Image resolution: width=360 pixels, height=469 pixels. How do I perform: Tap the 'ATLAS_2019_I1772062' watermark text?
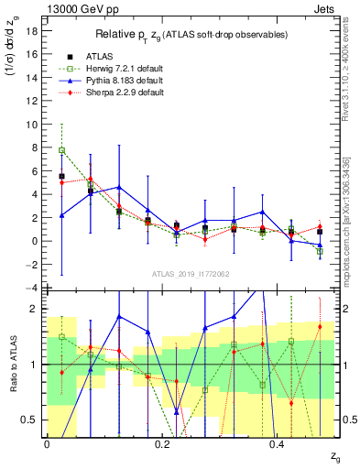pyautogui.click(x=191, y=274)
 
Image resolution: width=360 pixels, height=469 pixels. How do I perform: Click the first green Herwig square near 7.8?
pyautogui.click(x=61, y=150)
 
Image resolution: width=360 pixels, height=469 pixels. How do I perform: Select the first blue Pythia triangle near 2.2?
pyautogui.click(x=61, y=215)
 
